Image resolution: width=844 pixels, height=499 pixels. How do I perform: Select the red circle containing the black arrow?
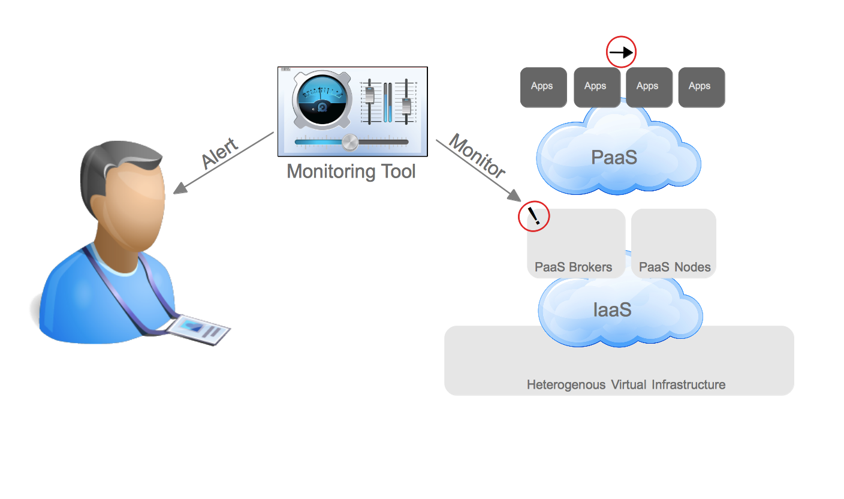621,53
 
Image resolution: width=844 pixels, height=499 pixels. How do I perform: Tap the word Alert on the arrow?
220,154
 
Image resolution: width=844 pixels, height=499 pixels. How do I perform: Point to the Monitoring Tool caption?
351,172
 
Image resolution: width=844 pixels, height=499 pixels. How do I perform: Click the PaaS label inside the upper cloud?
613,157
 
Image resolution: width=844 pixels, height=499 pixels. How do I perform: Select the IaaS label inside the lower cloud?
612,309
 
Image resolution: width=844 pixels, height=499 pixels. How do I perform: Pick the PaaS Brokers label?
573,267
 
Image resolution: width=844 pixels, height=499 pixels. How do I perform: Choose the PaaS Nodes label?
674,267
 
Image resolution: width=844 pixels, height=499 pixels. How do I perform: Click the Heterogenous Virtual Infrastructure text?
626,384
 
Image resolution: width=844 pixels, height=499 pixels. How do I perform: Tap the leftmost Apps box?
543,88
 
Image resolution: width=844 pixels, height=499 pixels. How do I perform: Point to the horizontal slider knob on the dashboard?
350,142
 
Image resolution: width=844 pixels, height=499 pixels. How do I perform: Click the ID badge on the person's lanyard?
199,329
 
